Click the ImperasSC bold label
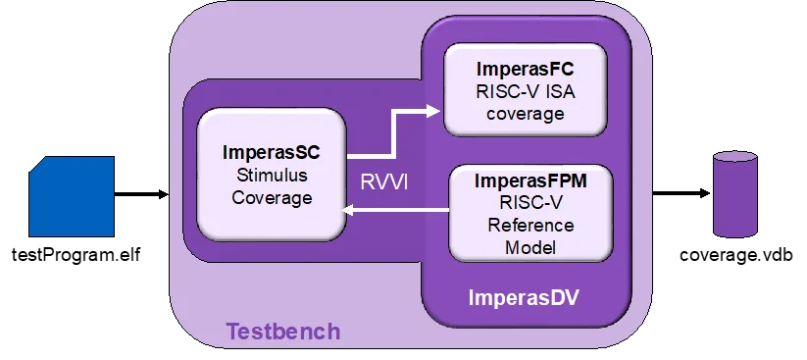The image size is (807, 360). click(272, 153)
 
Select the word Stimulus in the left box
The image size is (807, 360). click(272, 176)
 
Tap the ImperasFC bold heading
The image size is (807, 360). click(525, 70)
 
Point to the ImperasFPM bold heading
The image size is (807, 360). click(530, 181)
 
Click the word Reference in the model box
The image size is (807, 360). click(530, 226)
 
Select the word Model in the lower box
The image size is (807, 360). click(530, 247)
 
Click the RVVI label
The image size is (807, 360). click(382, 182)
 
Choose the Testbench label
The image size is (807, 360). click(283, 332)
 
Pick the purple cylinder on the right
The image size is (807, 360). click(735, 195)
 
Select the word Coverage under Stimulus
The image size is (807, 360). click(272, 197)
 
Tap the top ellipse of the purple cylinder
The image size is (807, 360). click(735, 158)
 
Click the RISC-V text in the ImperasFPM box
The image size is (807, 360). click(530, 203)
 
